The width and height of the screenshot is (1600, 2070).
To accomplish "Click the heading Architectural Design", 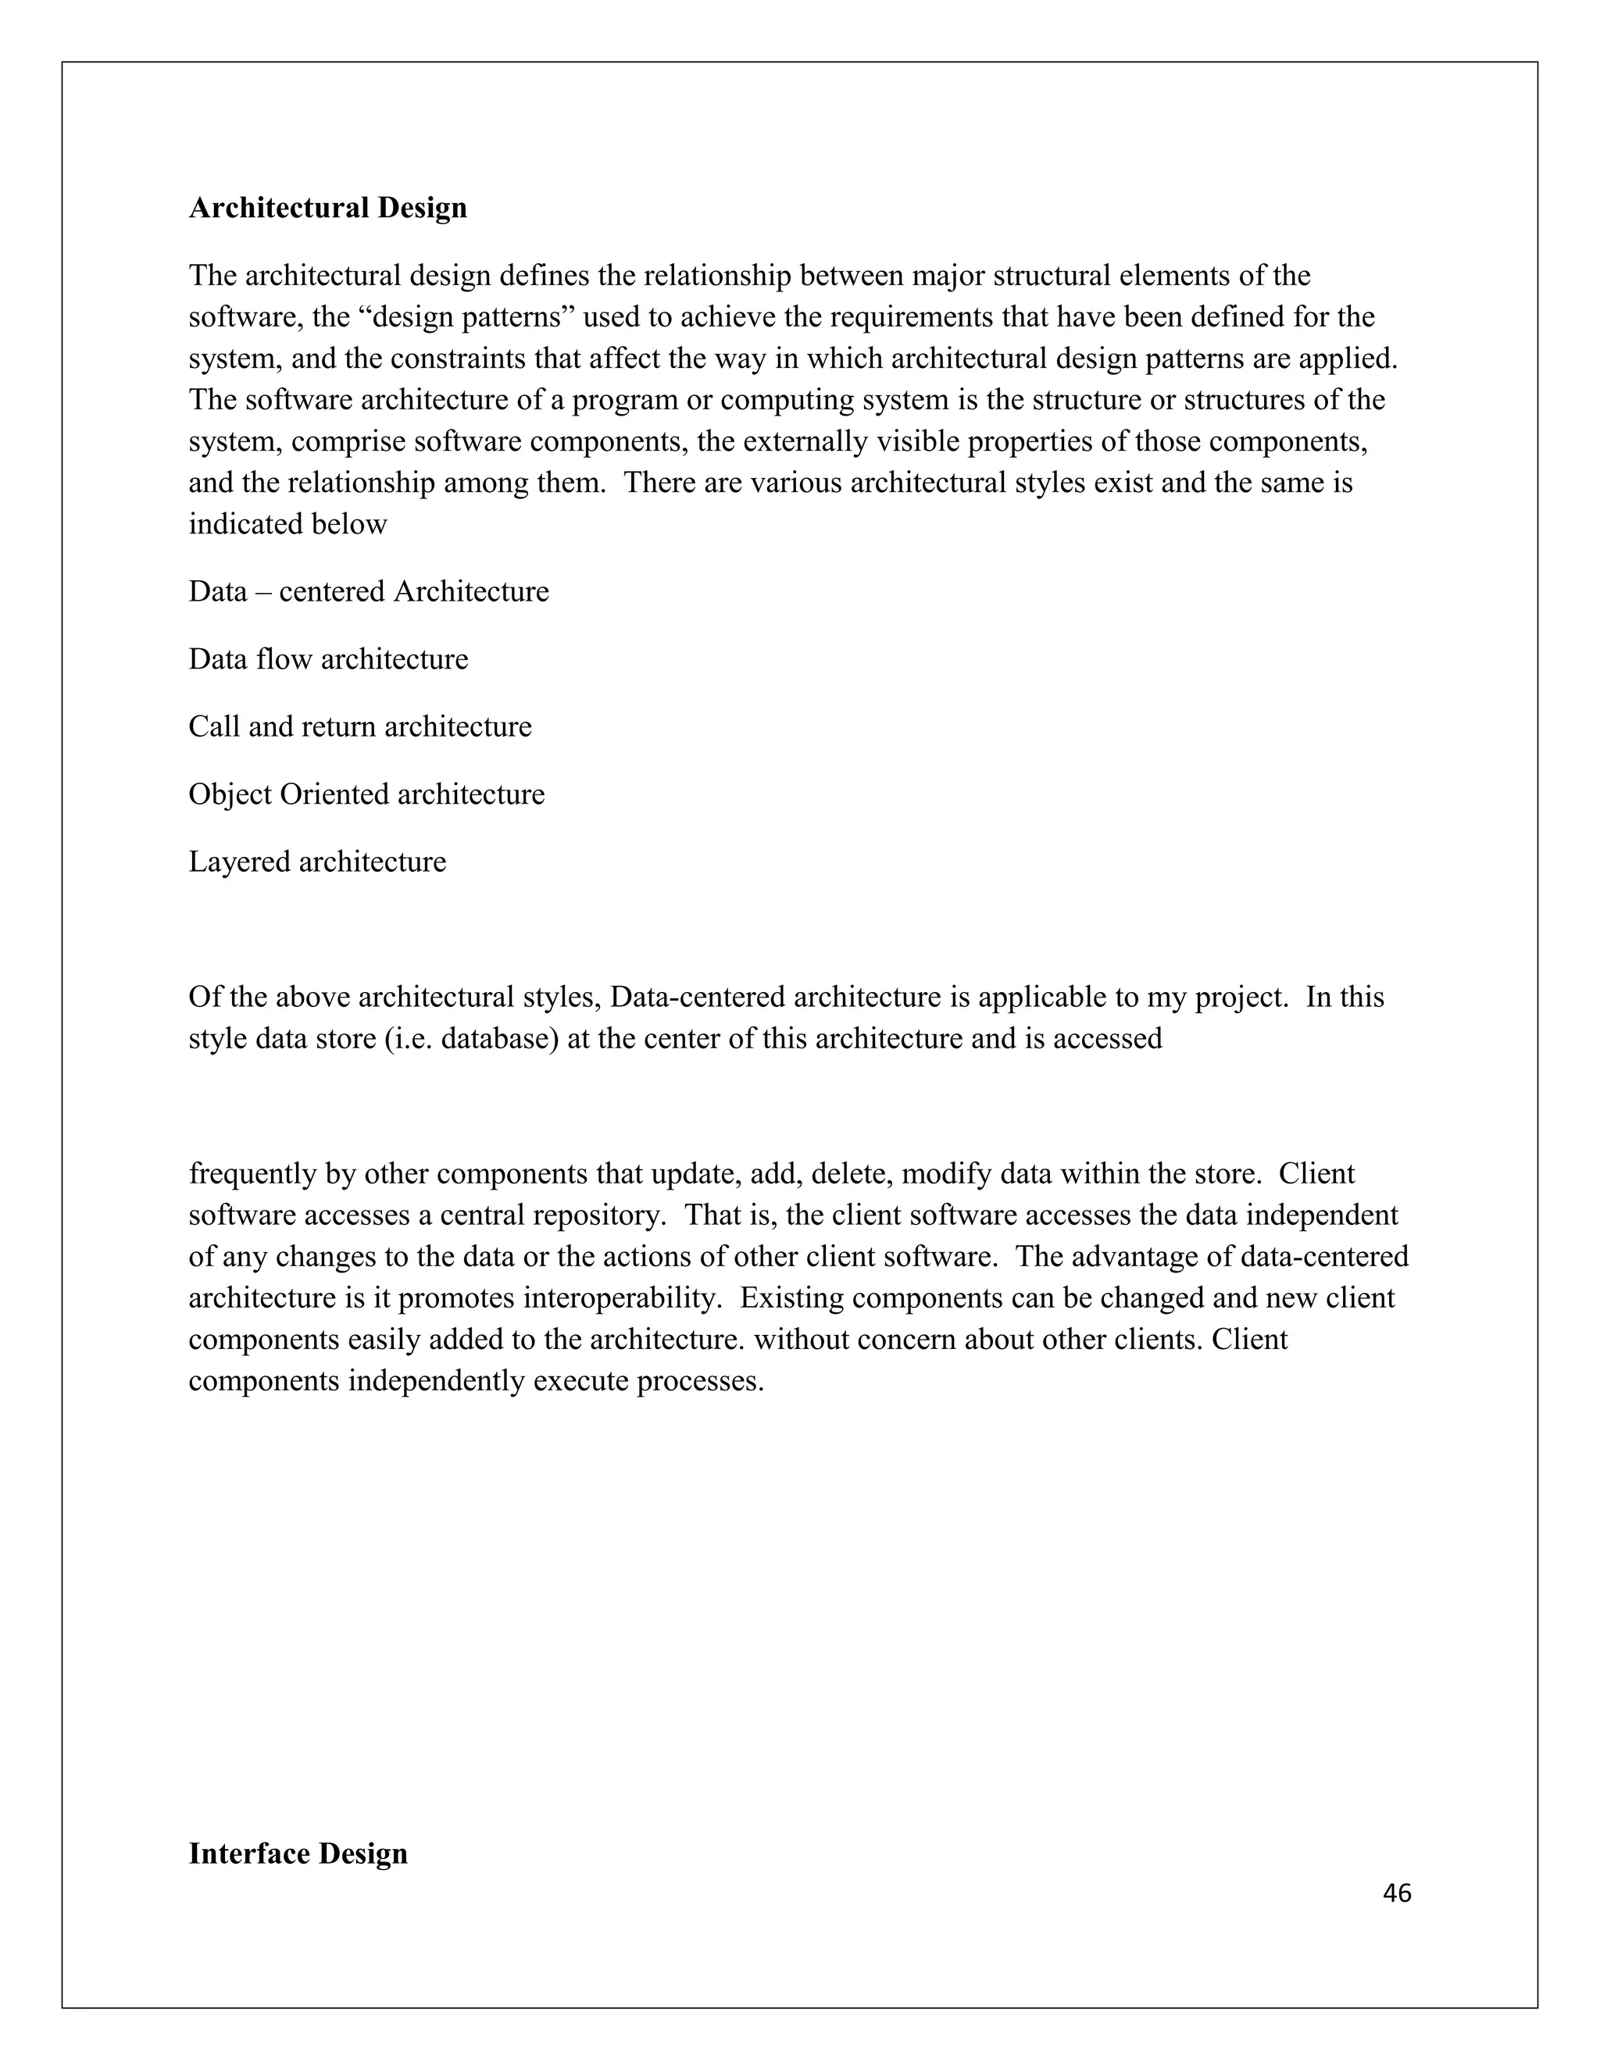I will [x=327, y=208].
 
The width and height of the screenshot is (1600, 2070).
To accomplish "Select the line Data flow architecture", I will [x=328, y=658].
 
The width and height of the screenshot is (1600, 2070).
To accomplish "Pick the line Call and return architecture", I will [x=359, y=726].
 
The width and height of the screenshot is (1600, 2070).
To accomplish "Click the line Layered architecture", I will [x=316, y=862].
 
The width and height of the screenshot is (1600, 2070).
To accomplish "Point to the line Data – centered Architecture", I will [x=368, y=591].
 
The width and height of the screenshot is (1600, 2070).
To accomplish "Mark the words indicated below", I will [x=287, y=524].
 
